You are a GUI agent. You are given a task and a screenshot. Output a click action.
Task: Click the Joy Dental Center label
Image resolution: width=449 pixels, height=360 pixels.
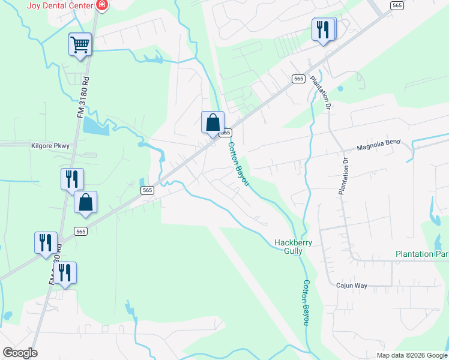pos(60,5)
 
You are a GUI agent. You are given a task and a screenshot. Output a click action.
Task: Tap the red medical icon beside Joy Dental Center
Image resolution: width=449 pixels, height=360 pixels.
pos(102,5)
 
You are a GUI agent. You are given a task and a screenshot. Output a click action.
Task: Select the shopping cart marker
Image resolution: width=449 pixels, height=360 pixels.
pos(80,44)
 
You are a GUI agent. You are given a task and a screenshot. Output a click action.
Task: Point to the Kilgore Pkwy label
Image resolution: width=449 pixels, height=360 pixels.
pos(51,145)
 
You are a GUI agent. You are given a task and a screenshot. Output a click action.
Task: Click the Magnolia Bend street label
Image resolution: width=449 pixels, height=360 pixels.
pos(378,146)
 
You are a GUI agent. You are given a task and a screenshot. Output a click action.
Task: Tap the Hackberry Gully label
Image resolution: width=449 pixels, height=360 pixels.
pos(288,247)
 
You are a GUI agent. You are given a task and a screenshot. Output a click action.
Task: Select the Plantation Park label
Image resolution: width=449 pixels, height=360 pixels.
pos(422,254)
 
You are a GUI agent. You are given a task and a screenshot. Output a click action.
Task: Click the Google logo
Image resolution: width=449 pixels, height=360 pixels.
pos(20,353)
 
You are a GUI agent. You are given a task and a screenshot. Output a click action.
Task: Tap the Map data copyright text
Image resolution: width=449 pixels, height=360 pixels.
pos(412,355)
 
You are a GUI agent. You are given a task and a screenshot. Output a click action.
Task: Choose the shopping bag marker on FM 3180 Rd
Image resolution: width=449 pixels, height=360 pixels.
pos(85,203)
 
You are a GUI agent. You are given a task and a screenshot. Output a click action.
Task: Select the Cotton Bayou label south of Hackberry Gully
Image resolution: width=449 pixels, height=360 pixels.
pos(306,302)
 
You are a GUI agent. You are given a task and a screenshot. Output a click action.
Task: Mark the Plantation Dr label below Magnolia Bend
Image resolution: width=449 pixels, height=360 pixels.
pos(343,176)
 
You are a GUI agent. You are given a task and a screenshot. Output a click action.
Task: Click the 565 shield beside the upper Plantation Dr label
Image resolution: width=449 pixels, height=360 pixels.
pos(298,79)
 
